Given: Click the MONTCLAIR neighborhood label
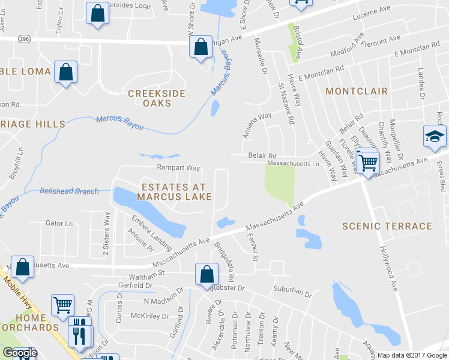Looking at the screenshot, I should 357,91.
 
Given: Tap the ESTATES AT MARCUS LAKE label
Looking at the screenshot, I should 174,192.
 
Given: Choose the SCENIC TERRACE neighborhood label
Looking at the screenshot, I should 387,226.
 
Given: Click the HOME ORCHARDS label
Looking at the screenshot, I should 30,323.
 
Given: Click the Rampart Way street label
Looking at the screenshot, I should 178,168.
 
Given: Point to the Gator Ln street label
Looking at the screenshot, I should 59,223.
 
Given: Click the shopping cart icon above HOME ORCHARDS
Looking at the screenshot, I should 62,305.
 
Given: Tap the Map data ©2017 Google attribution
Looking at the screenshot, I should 412,355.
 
